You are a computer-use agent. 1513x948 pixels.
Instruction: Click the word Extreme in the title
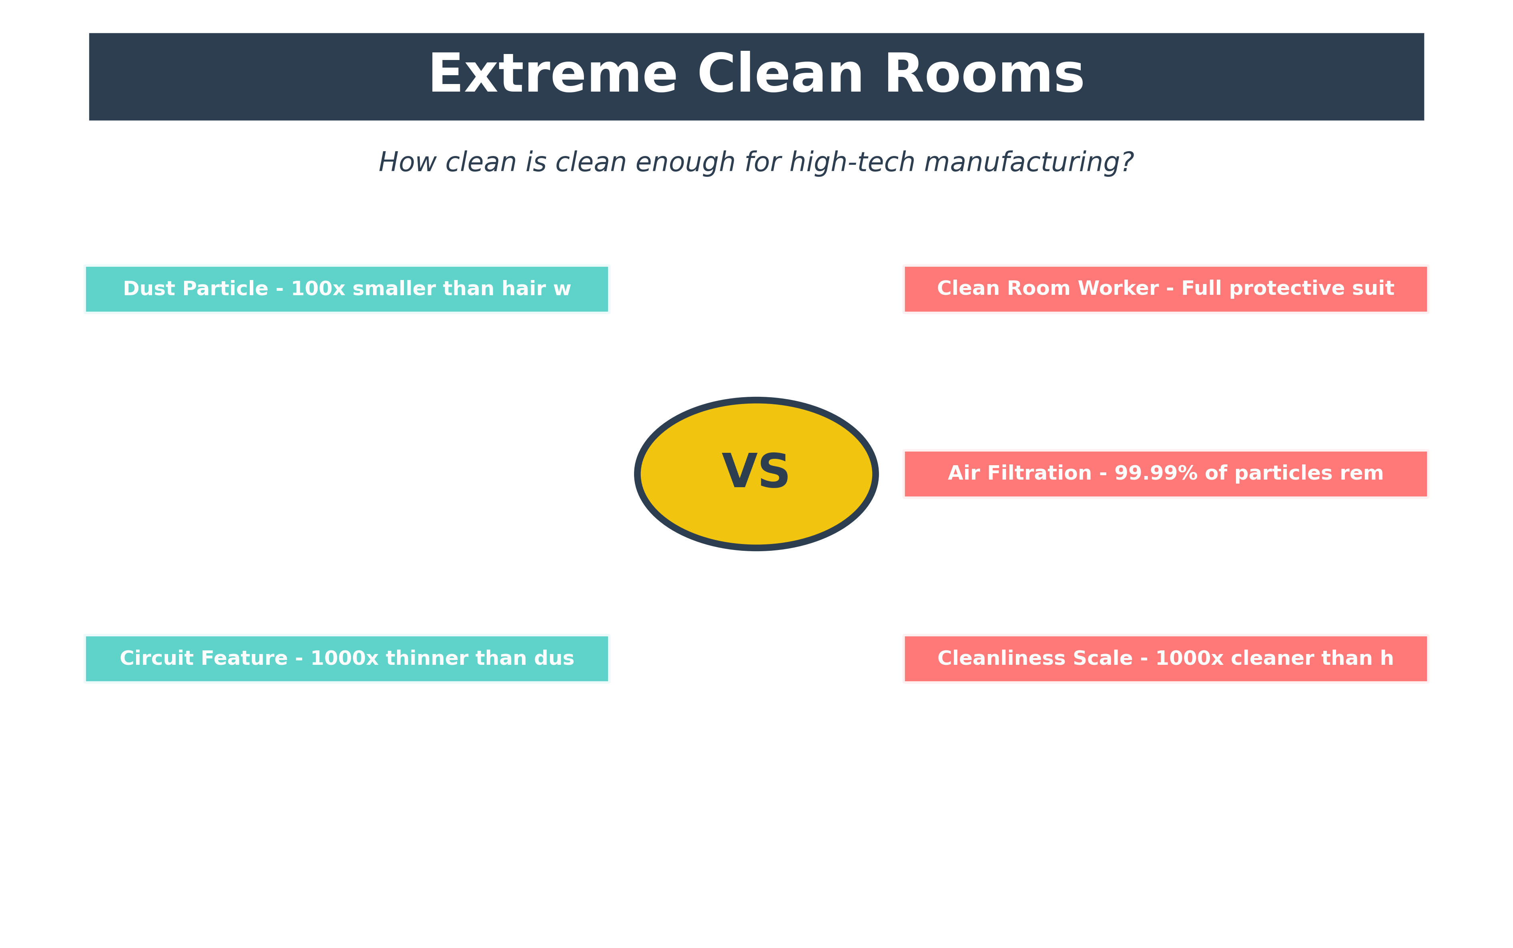(552, 75)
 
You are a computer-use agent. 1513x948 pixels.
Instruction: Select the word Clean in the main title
(780, 75)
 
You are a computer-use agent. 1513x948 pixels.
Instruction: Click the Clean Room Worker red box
(1166, 289)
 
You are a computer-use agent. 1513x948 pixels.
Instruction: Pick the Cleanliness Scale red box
(1166, 658)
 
